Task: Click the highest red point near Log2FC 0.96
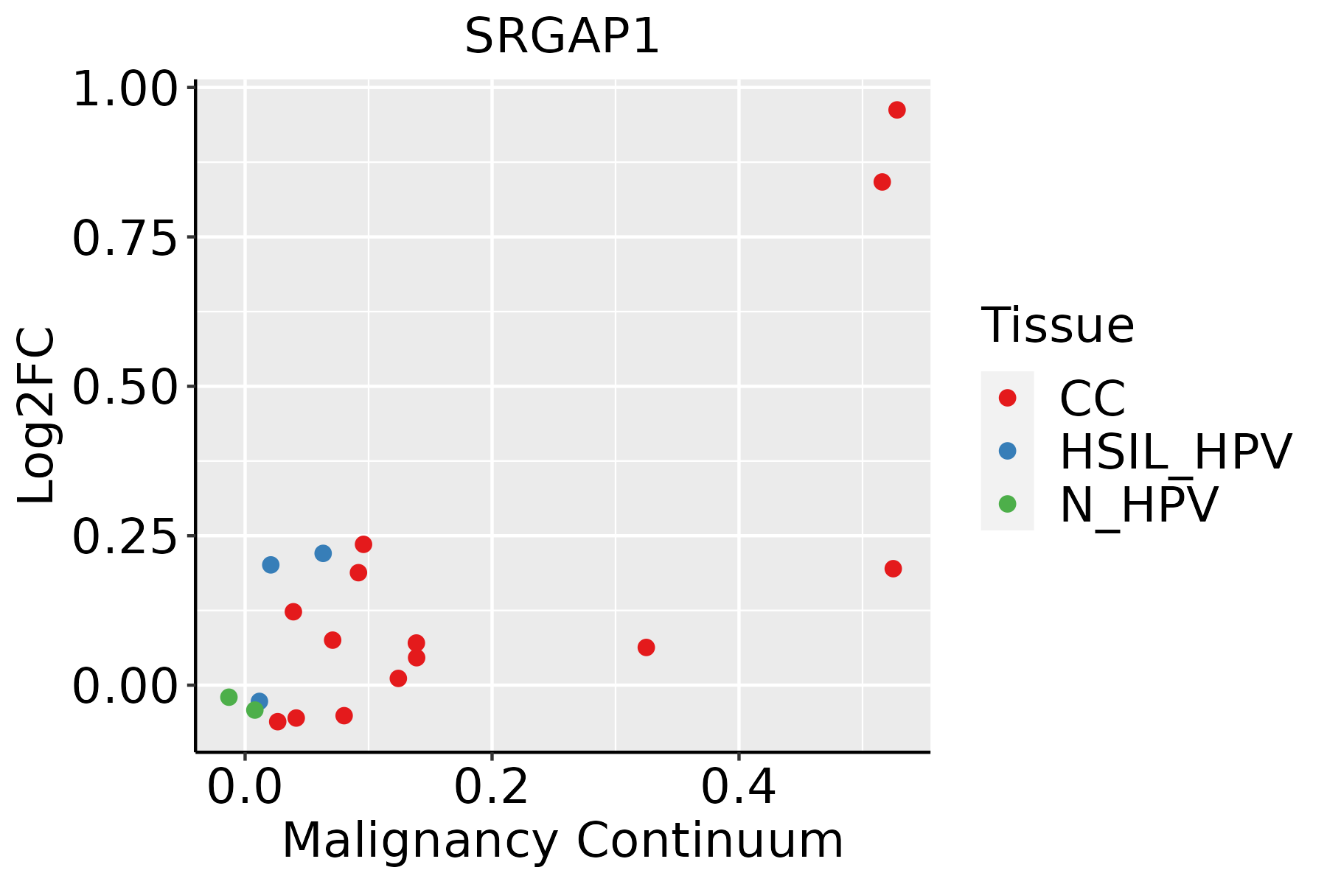(896, 110)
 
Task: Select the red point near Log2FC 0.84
(882, 182)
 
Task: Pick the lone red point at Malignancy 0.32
(646, 648)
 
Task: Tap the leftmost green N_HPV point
(229, 697)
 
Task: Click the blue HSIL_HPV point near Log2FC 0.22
(323, 553)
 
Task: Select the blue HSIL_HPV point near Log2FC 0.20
(271, 565)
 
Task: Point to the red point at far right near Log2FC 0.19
(893, 569)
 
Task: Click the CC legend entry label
(1093, 399)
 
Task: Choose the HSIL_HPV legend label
(1175, 452)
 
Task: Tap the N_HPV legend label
(1139, 505)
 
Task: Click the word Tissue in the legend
(1058, 325)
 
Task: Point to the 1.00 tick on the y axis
(125, 91)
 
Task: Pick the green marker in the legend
(1007, 504)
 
